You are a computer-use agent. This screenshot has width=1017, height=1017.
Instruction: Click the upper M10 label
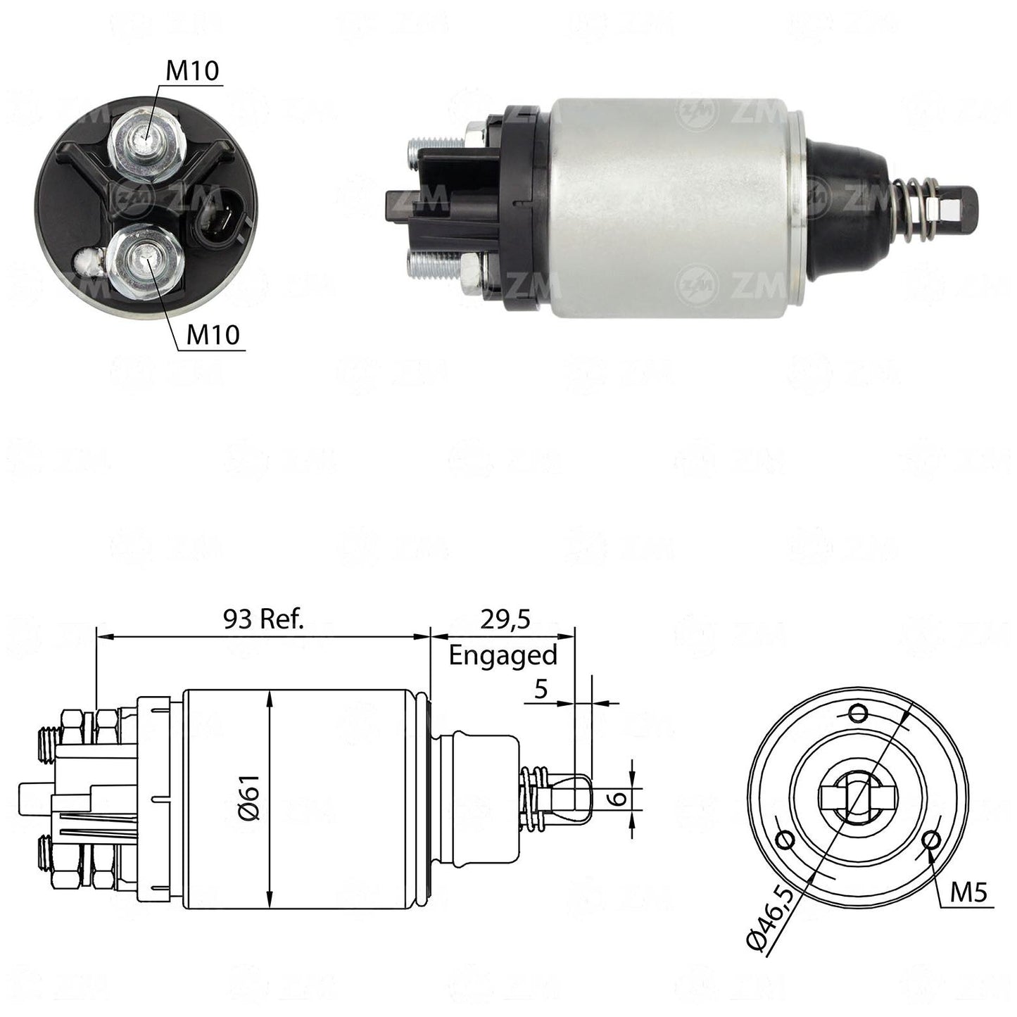192,70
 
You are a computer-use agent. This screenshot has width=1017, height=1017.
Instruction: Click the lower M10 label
213,334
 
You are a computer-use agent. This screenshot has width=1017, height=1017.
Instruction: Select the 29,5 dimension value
505,619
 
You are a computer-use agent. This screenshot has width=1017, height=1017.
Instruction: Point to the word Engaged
503,656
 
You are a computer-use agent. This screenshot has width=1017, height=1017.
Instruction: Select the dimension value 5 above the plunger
541,689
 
